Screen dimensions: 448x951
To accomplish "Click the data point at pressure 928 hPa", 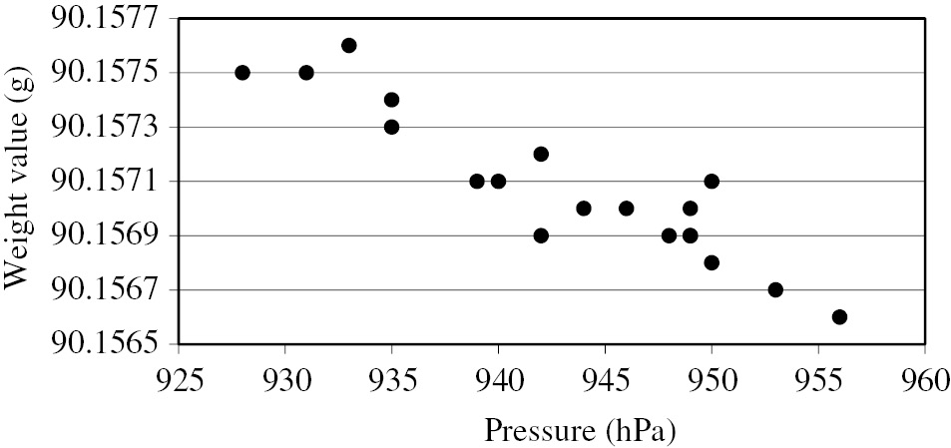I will coord(242,73).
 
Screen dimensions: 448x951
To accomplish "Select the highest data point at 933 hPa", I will coord(349,46).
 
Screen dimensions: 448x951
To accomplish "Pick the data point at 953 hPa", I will coord(775,290).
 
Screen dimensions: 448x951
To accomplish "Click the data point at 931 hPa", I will coord(306,73).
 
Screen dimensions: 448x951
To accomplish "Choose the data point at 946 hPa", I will coord(627,209).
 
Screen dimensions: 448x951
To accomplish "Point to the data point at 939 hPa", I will coord(477,182).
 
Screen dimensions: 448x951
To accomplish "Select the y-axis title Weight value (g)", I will coord(19,180).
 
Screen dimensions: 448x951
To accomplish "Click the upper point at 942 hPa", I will coord(541,154).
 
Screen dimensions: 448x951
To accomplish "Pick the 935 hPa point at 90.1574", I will coord(392,100).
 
